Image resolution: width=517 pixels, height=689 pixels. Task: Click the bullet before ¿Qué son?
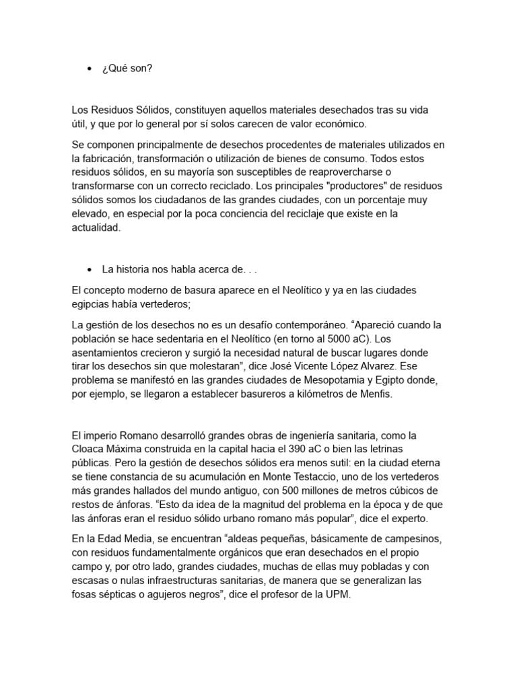[90, 69]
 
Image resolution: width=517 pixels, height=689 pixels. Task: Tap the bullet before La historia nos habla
[90, 269]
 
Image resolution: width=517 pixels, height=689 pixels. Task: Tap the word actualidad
[96, 228]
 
